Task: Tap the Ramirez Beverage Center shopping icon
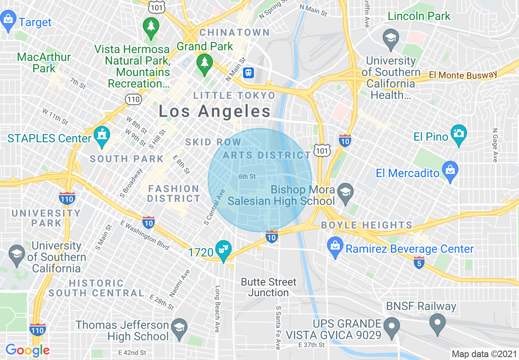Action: coord(335,247)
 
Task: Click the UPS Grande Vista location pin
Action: coord(392,326)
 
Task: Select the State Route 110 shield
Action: coord(134,99)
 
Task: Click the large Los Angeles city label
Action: coord(214,111)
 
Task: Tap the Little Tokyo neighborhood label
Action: coord(235,96)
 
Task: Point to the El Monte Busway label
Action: coord(463,75)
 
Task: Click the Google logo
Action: coord(27,350)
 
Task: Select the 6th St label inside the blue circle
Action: coord(247,177)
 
